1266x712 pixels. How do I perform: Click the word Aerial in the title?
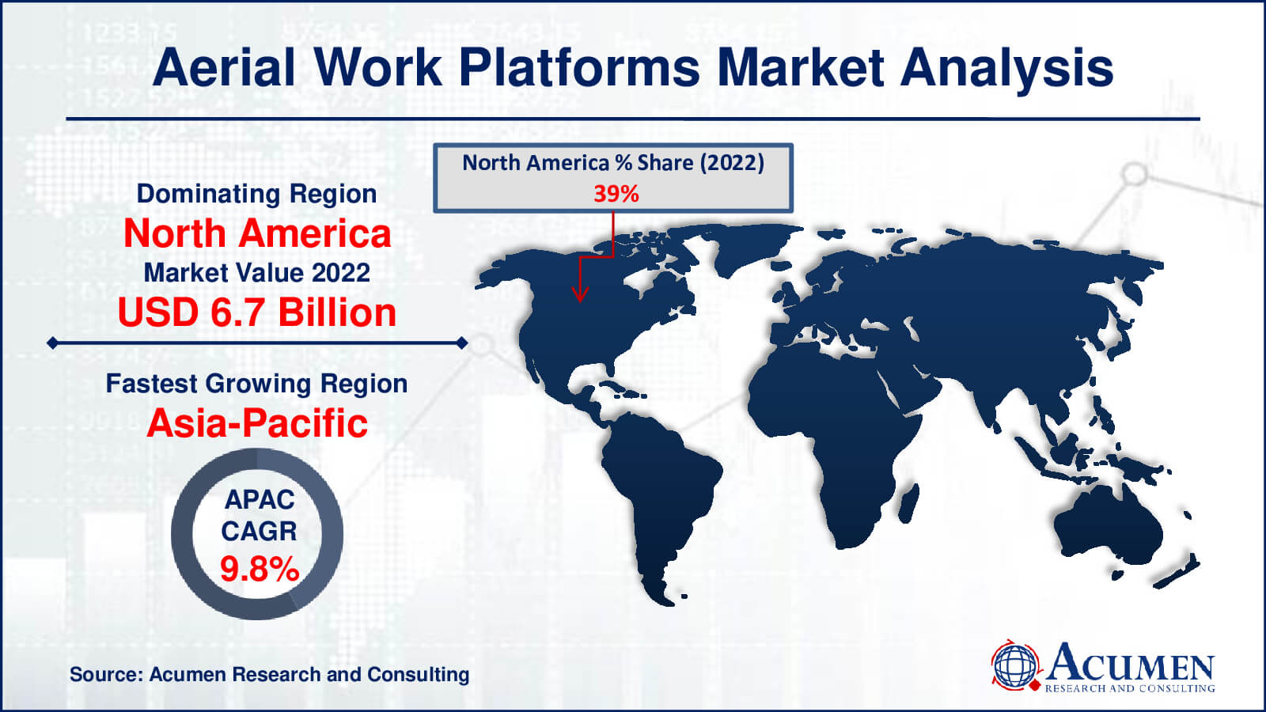click(x=224, y=68)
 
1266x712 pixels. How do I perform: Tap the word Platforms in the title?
click(x=579, y=69)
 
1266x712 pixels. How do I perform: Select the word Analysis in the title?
click(x=1006, y=69)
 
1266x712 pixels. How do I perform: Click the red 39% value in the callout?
click(x=616, y=194)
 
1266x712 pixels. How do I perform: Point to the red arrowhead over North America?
click(x=580, y=294)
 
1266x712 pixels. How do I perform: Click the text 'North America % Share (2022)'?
click(x=613, y=163)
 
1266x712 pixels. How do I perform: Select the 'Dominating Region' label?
click(x=256, y=195)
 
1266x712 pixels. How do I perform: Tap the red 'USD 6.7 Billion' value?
click(x=257, y=312)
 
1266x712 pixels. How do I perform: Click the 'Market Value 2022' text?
click(x=257, y=273)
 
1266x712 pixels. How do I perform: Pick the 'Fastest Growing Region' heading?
click(x=256, y=384)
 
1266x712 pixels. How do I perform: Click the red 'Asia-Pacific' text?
click(x=257, y=423)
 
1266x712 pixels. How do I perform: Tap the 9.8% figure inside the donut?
click(x=260, y=569)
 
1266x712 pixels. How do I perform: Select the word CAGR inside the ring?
click(x=259, y=531)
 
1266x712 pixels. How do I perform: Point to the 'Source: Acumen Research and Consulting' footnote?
click(x=270, y=675)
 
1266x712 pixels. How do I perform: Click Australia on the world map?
click(x=1108, y=525)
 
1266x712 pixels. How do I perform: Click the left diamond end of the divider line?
click(x=52, y=343)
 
